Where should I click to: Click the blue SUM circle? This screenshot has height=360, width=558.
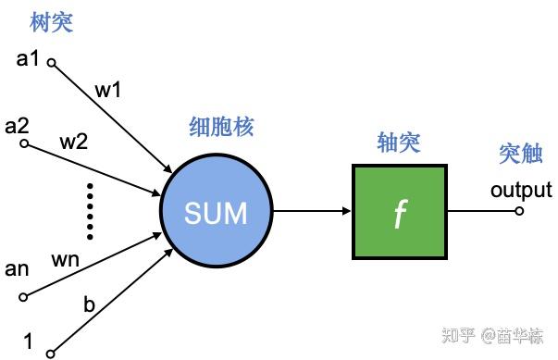coord(216,213)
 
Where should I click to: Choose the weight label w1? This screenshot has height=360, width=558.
coord(108,92)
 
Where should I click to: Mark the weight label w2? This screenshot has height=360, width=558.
coord(73,143)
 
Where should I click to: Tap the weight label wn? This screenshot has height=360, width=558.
coord(68,260)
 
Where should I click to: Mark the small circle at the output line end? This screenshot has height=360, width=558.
coord(519,212)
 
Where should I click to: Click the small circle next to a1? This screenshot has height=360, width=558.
coord(52,64)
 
